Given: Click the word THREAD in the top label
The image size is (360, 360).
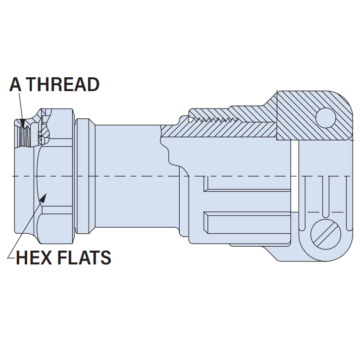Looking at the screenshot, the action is [x=64, y=84].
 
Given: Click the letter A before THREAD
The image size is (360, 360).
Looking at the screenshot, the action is [x=16, y=84].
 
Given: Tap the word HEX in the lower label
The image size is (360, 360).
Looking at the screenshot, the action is [x=34, y=257].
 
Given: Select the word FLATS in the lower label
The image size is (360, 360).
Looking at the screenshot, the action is [x=84, y=257].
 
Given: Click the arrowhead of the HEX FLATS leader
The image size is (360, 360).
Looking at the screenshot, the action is [x=43, y=198].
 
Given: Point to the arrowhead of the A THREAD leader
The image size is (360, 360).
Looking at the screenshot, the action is [x=23, y=123].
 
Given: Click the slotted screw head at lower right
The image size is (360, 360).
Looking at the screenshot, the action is [x=326, y=234].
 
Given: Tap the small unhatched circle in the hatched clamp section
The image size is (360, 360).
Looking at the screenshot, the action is [x=326, y=118].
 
